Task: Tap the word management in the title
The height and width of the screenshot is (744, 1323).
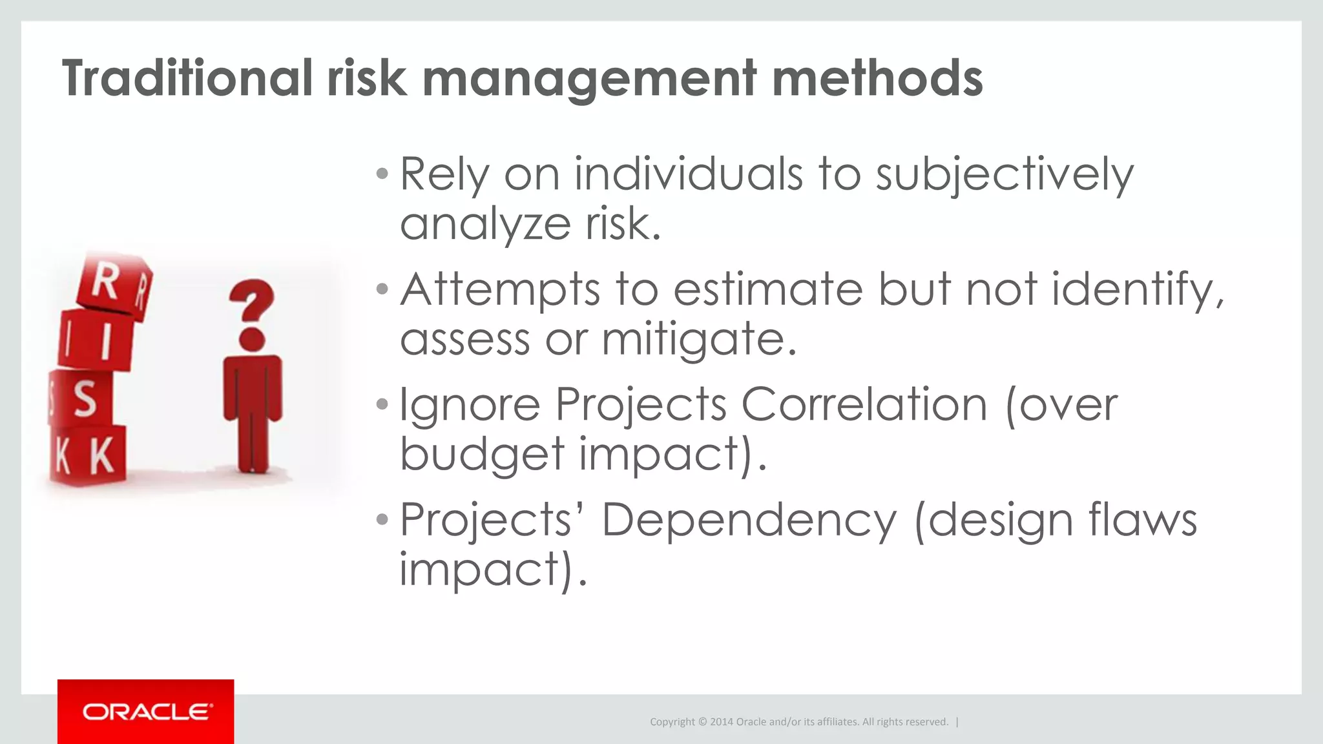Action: (x=590, y=79)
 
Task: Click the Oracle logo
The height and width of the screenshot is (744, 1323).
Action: (x=146, y=712)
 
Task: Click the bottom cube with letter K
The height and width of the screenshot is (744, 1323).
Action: (x=90, y=455)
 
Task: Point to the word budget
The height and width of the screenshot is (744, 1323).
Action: (x=482, y=455)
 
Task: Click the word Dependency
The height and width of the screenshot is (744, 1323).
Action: (x=749, y=521)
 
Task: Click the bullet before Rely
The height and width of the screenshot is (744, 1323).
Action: (x=382, y=174)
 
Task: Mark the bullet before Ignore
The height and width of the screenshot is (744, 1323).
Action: (x=382, y=405)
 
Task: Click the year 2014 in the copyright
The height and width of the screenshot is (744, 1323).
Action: (x=722, y=722)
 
